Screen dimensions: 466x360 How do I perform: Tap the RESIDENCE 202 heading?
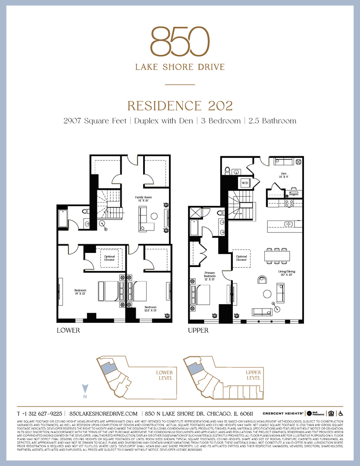180,106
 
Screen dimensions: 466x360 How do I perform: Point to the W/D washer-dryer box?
245,183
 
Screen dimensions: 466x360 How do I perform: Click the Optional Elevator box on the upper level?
241,258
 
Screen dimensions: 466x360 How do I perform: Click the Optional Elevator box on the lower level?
110,258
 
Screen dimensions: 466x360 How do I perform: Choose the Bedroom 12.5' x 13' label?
150,308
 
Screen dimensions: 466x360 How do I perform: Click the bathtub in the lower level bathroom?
63,219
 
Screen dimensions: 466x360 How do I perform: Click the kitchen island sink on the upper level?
288,224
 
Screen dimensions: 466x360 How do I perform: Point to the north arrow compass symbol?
85,389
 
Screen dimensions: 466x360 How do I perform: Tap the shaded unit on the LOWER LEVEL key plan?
107,368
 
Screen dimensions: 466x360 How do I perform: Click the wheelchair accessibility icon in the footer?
341,413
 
